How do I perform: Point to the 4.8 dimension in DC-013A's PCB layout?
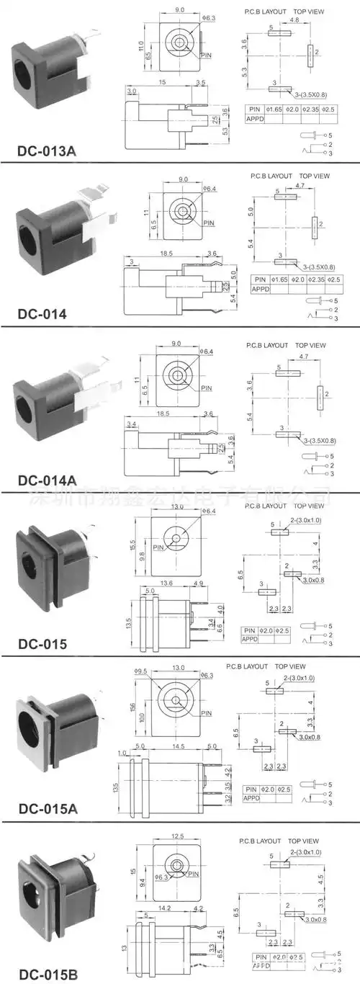[294, 21]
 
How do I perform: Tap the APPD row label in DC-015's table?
[250, 639]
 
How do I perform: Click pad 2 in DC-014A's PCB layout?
[318, 395]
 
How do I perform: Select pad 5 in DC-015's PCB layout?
[279, 532]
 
